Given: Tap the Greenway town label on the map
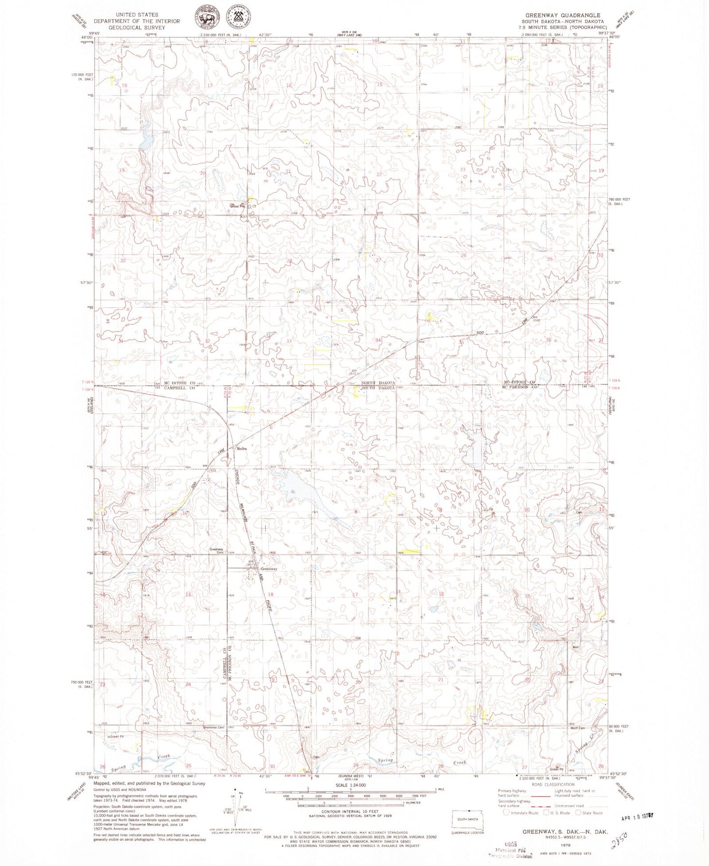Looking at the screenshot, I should [268, 569].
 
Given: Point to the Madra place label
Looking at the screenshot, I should [241, 449].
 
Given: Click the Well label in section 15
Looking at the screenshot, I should [576, 647].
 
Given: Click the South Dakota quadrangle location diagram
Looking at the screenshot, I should [469, 818].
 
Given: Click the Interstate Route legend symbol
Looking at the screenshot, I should [507, 813].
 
